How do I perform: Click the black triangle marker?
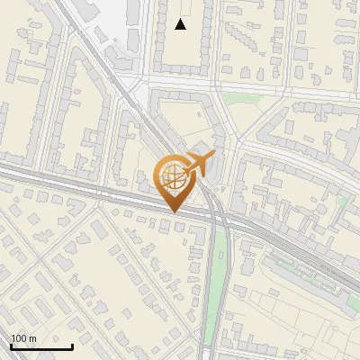click(x=181, y=24)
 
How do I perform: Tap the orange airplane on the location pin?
click(x=199, y=163)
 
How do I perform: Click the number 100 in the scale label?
click(x=18, y=338)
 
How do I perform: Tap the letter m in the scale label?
click(x=32, y=338)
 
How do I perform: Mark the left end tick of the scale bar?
click(x=11, y=346)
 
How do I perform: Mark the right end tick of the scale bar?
click(x=72, y=346)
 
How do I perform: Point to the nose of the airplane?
click(x=214, y=156)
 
